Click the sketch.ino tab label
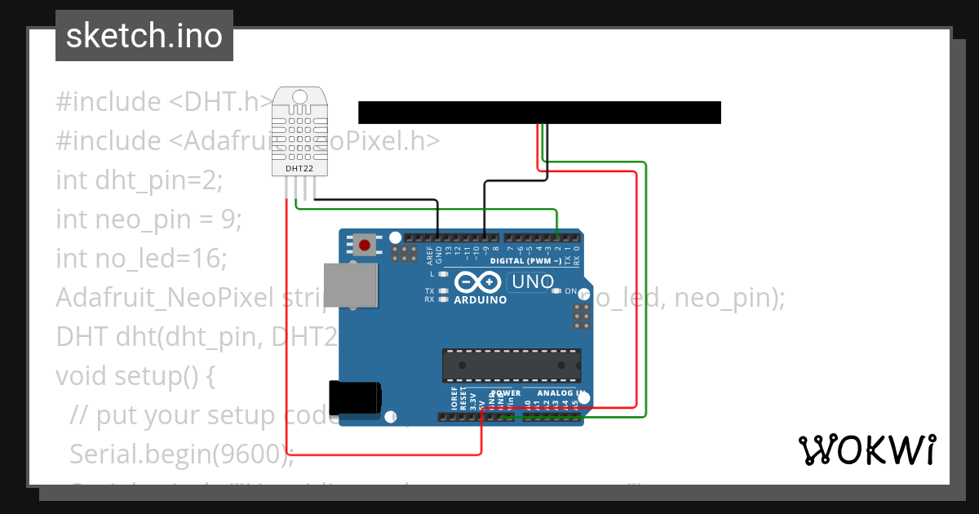click(x=144, y=36)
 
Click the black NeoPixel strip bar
click(x=539, y=113)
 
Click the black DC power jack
click(x=353, y=397)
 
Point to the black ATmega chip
click(x=512, y=365)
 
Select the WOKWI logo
click(x=866, y=450)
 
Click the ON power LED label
click(x=570, y=291)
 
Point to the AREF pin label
click(x=430, y=255)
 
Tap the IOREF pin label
click(x=454, y=398)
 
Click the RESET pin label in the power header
click(x=463, y=398)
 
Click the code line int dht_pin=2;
click(x=139, y=179)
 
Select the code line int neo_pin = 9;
click(x=148, y=219)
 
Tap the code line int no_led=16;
click(x=140, y=258)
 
